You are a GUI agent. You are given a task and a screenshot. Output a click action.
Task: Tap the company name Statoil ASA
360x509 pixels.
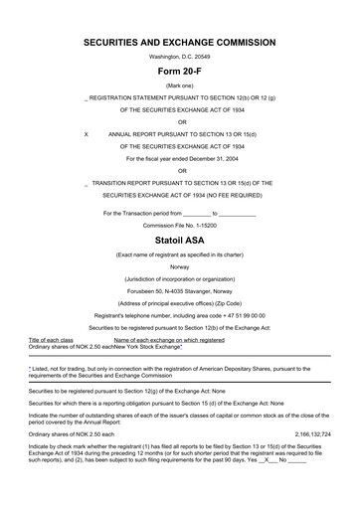pos(179,241)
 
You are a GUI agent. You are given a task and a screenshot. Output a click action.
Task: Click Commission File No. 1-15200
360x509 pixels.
pos(180,225)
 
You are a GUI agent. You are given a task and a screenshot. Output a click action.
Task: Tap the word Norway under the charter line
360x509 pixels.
pos(179,267)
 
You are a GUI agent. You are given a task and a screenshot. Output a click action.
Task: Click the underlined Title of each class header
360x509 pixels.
pos(51,339)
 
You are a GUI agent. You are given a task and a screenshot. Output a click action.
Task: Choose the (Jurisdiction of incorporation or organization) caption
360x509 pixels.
pos(180,280)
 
